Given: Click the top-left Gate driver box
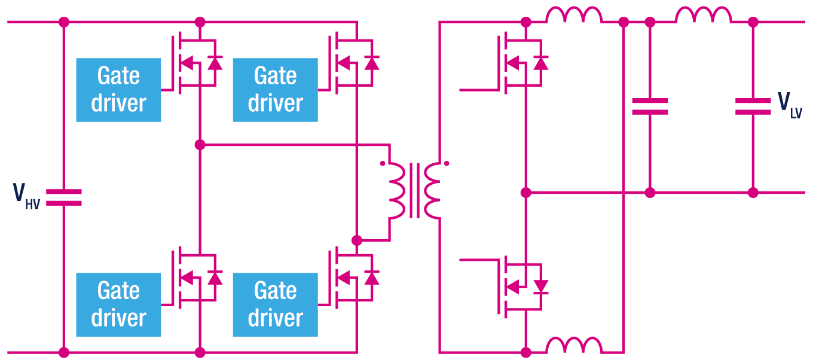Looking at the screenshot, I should click(x=118, y=90).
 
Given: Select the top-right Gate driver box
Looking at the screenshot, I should click(x=275, y=90).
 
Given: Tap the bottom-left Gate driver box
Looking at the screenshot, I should click(x=118, y=304).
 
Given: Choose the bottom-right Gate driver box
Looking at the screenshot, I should click(x=275, y=304).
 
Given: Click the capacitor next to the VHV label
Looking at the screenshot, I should click(x=63, y=197).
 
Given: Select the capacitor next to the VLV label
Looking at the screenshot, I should click(x=753, y=106).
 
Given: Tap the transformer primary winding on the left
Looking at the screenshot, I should click(x=396, y=190).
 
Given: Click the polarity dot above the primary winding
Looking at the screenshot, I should click(x=382, y=163).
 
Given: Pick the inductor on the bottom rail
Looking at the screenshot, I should click(x=574, y=346).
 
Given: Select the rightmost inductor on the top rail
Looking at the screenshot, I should click(x=704, y=16).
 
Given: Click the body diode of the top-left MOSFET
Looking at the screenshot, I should click(x=215, y=62).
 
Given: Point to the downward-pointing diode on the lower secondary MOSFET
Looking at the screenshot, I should click(x=541, y=286).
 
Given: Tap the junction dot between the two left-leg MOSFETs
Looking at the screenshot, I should click(x=200, y=145).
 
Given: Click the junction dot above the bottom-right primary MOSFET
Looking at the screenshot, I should click(x=357, y=240).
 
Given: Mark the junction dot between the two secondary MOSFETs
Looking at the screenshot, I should click(x=526, y=193).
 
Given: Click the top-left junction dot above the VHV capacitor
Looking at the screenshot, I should click(x=63, y=22).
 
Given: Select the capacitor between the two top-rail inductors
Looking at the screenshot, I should click(x=650, y=106).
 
